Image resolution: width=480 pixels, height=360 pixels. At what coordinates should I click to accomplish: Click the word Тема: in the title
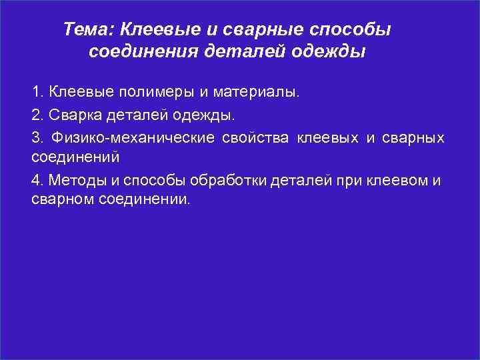tap(89, 29)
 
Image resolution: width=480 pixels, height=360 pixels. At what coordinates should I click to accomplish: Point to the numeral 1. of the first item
tap(37, 91)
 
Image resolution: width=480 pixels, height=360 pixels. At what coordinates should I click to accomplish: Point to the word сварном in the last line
tap(59, 199)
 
